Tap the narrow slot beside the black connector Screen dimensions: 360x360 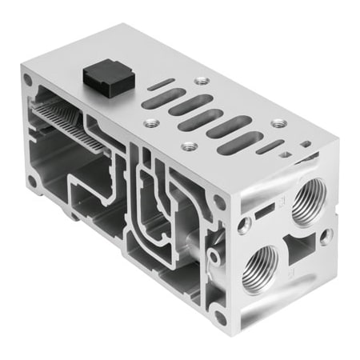click(160, 84)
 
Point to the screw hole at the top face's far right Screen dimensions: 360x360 click(278, 122)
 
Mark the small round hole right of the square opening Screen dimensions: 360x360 click(326, 236)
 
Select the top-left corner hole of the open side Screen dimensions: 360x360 click(29, 81)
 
